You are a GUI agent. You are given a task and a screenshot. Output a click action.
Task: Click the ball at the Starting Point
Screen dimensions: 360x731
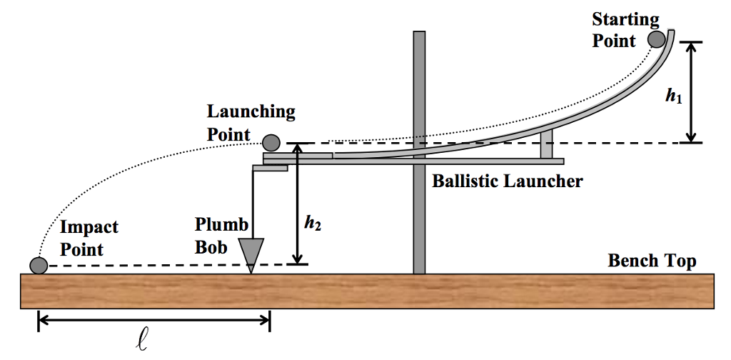pos(656,39)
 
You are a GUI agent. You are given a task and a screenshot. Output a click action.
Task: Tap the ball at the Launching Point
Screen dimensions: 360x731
pos(271,143)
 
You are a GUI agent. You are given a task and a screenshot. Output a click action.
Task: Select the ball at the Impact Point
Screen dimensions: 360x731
pos(39,266)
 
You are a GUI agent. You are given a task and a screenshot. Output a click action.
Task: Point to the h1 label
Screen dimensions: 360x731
pos(673,94)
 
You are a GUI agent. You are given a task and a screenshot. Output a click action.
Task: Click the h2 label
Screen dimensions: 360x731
pos(312,224)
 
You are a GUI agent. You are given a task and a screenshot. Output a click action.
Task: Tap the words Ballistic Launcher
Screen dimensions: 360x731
pos(507,181)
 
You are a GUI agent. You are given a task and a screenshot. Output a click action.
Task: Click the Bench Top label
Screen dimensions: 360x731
pos(652,261)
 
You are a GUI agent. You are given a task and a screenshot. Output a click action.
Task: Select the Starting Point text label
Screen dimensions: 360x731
pos(625,29)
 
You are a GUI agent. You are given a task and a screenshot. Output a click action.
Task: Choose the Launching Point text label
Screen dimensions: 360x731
pos(251,123)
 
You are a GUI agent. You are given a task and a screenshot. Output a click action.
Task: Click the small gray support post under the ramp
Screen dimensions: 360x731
pos(546,145)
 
